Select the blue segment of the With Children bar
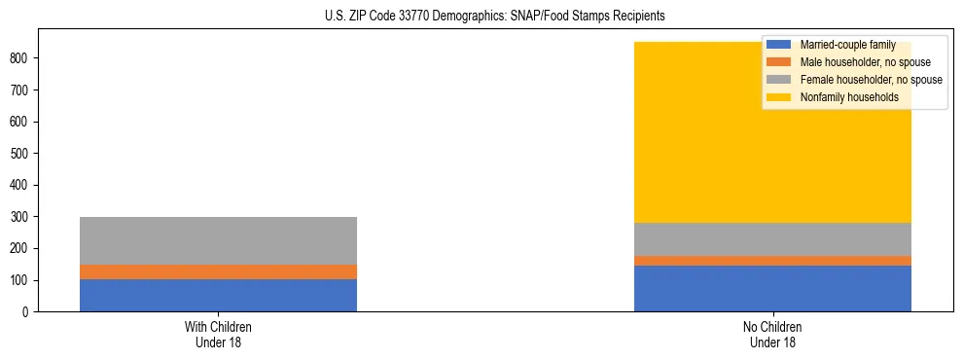tap(218, 295)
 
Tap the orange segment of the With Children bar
tap(218, 271)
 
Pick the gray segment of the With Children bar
tap(218, 240)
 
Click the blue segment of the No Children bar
tap(772, 288)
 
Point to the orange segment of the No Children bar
tap(772, 261)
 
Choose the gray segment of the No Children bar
tap(772, 239)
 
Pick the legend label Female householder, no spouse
tap(871, 80)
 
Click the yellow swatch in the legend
tap(779, 97)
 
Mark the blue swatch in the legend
tap(779, 45)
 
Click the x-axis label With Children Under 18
tap(218, 334)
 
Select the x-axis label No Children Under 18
tap(772, 334)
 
